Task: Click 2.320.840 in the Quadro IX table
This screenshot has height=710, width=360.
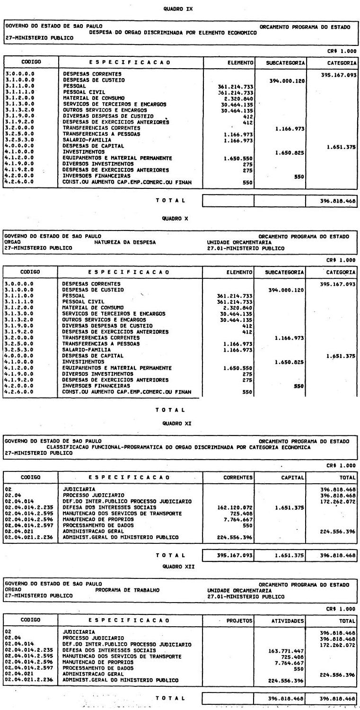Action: pos(240,98)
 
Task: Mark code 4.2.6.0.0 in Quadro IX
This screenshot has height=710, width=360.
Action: pos(19,182)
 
